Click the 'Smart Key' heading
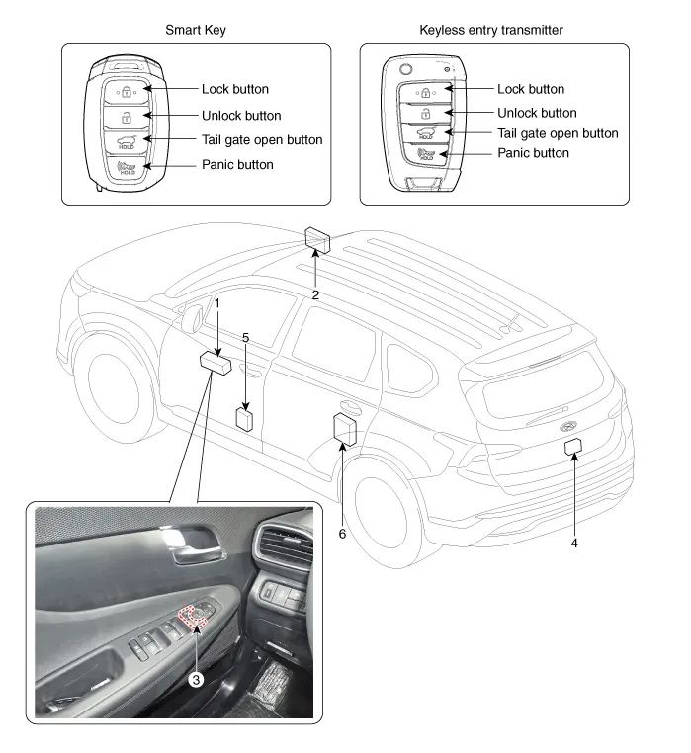(195, 30)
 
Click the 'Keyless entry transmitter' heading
(491, 30)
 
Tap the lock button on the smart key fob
(127, 91)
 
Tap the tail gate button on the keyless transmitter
(426, 132)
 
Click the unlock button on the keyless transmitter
(426, 112)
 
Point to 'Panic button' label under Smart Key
(237, 164)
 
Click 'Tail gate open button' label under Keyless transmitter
(558, 133)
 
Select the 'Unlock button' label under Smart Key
(241, 116)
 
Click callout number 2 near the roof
(315, 293)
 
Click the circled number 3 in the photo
(197, 679)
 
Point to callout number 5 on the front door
(245, 337)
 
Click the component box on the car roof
(318, 239)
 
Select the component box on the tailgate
(572, 447)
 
